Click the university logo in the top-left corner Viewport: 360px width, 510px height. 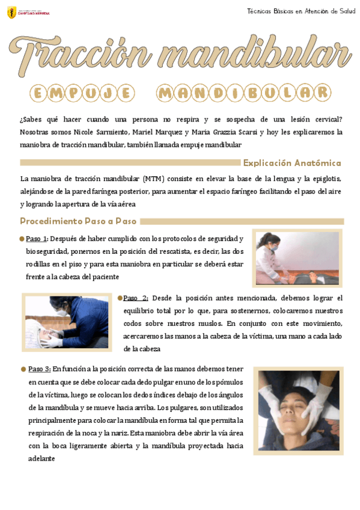12,12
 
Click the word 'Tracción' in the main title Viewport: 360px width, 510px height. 78,55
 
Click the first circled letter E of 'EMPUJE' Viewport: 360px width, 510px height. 38,93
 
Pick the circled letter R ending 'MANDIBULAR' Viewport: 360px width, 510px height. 323,93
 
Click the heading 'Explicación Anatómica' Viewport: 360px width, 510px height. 292,163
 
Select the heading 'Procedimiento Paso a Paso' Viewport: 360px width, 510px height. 78,221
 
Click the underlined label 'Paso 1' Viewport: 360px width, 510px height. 36,239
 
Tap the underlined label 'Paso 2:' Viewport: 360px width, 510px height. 136,298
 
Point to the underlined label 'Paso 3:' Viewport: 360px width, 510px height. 39,369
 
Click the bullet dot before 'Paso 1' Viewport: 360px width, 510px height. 22,239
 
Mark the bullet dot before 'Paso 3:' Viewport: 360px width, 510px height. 23,369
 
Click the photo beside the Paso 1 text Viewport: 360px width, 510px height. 297,258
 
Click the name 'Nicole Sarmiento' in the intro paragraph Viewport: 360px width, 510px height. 102,132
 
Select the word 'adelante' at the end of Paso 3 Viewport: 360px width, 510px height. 41,458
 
